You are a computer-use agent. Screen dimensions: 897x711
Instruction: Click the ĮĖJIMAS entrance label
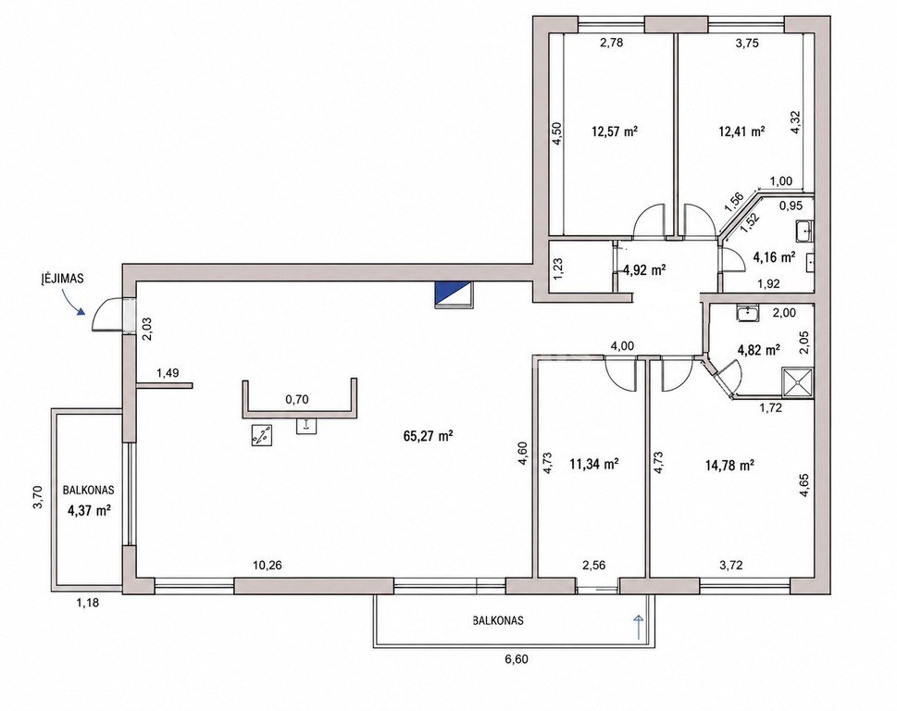click(62, 280)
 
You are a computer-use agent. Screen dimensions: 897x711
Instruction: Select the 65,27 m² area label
click(428, 436)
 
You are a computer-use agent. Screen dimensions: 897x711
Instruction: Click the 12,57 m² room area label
click(615, 131)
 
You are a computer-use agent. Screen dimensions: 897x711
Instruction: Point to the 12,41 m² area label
click(742, 131)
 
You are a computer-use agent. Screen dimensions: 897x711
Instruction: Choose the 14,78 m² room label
click(729, 466)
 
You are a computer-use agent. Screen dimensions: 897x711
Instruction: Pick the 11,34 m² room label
click(593, 464)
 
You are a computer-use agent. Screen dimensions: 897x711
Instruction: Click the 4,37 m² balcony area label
click(89, 511)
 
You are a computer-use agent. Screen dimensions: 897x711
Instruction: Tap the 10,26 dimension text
click(268, 566)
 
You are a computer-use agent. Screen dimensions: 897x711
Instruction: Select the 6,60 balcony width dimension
click(516, 659)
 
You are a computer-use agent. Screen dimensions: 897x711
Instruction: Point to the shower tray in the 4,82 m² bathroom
click(797, 381)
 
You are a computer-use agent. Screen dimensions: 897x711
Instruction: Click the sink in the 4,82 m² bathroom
click(747, 314)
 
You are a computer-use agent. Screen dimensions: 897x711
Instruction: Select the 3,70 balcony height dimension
click(37, 498)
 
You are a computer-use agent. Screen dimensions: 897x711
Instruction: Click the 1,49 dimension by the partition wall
click(168, 373)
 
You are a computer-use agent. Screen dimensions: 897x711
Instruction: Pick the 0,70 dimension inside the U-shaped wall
click(297, 399)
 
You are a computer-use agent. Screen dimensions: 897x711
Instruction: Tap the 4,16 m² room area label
click(774, 257)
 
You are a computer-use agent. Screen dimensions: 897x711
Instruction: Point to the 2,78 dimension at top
click(611, 42)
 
